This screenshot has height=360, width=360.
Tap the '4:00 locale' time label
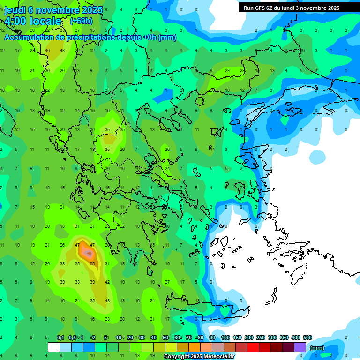point(33,21)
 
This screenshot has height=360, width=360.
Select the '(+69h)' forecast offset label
point(81,21)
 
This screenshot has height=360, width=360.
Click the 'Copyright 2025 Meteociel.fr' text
point(199,356)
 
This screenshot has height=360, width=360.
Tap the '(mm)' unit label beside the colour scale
point(317,348)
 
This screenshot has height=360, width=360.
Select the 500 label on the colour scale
point(307,337)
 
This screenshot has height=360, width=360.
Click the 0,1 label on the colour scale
point(60,337)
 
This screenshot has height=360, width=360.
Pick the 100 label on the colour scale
point(225,337)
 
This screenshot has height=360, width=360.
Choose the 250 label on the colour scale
point(261,337)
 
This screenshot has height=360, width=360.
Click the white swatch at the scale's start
point(54,347)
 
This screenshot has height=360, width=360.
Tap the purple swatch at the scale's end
point(300,347)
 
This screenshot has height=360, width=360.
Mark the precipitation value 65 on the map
point(92,264)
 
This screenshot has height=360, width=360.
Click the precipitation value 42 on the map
point(107,282)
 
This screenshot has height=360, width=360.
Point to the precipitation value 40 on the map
point(47,51)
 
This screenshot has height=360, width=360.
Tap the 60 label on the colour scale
point(177,337)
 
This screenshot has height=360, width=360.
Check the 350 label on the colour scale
point(284,337)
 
